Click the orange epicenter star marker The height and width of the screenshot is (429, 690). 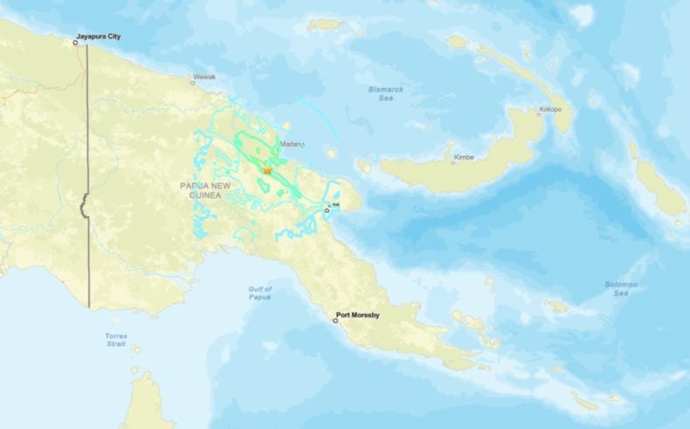266,171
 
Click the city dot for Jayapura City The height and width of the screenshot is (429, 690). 76,42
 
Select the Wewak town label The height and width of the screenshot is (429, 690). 204,77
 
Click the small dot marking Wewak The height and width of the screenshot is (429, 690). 193,83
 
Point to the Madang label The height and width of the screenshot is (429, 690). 292,144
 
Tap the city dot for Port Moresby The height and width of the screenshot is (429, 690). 335,320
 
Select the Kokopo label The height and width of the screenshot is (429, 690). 550,109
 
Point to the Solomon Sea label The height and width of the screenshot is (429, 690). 621,289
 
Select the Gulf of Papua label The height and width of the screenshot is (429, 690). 260,293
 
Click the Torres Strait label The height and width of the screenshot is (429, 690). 116,339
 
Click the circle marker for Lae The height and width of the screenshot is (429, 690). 328,210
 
